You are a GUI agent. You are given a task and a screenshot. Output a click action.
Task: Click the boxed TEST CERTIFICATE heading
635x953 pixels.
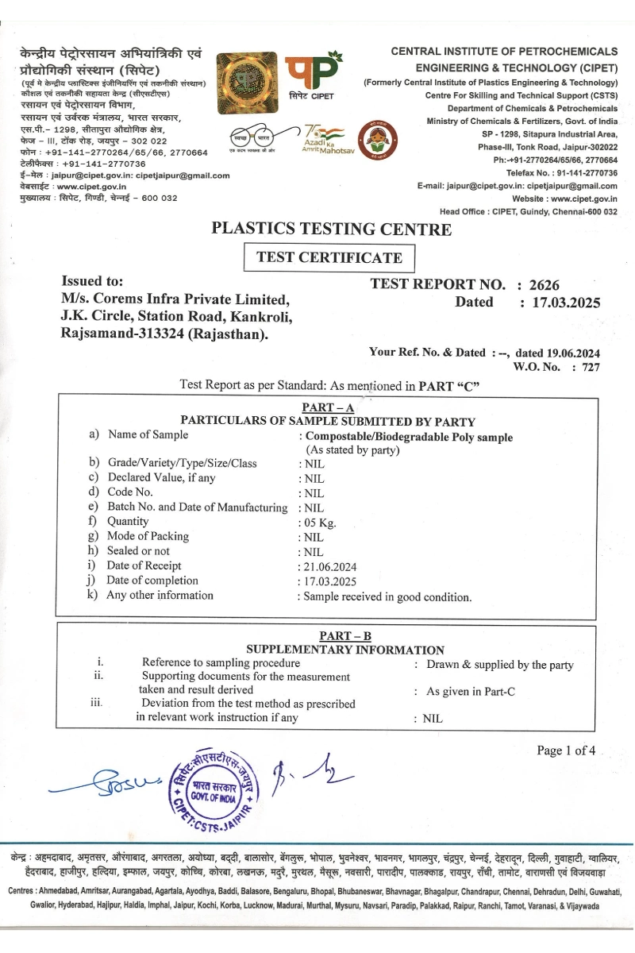click(329, 257)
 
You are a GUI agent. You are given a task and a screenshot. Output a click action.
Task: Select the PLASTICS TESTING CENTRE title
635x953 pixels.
click(331, 230)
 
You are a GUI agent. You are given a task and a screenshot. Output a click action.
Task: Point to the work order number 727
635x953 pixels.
click(591, 367)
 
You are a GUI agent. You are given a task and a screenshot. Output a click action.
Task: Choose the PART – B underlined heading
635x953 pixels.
click(344, 636)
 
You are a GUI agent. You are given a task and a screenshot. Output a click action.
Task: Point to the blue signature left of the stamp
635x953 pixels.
click(103, 783)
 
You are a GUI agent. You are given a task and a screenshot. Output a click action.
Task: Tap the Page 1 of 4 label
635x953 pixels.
click(566, 750)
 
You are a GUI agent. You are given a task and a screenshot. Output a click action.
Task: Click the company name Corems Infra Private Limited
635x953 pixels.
click(175, 299)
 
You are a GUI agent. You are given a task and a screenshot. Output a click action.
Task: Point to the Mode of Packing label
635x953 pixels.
click(148, 536)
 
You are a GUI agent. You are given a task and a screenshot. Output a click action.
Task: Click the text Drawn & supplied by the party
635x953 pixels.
click(499, 665)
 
